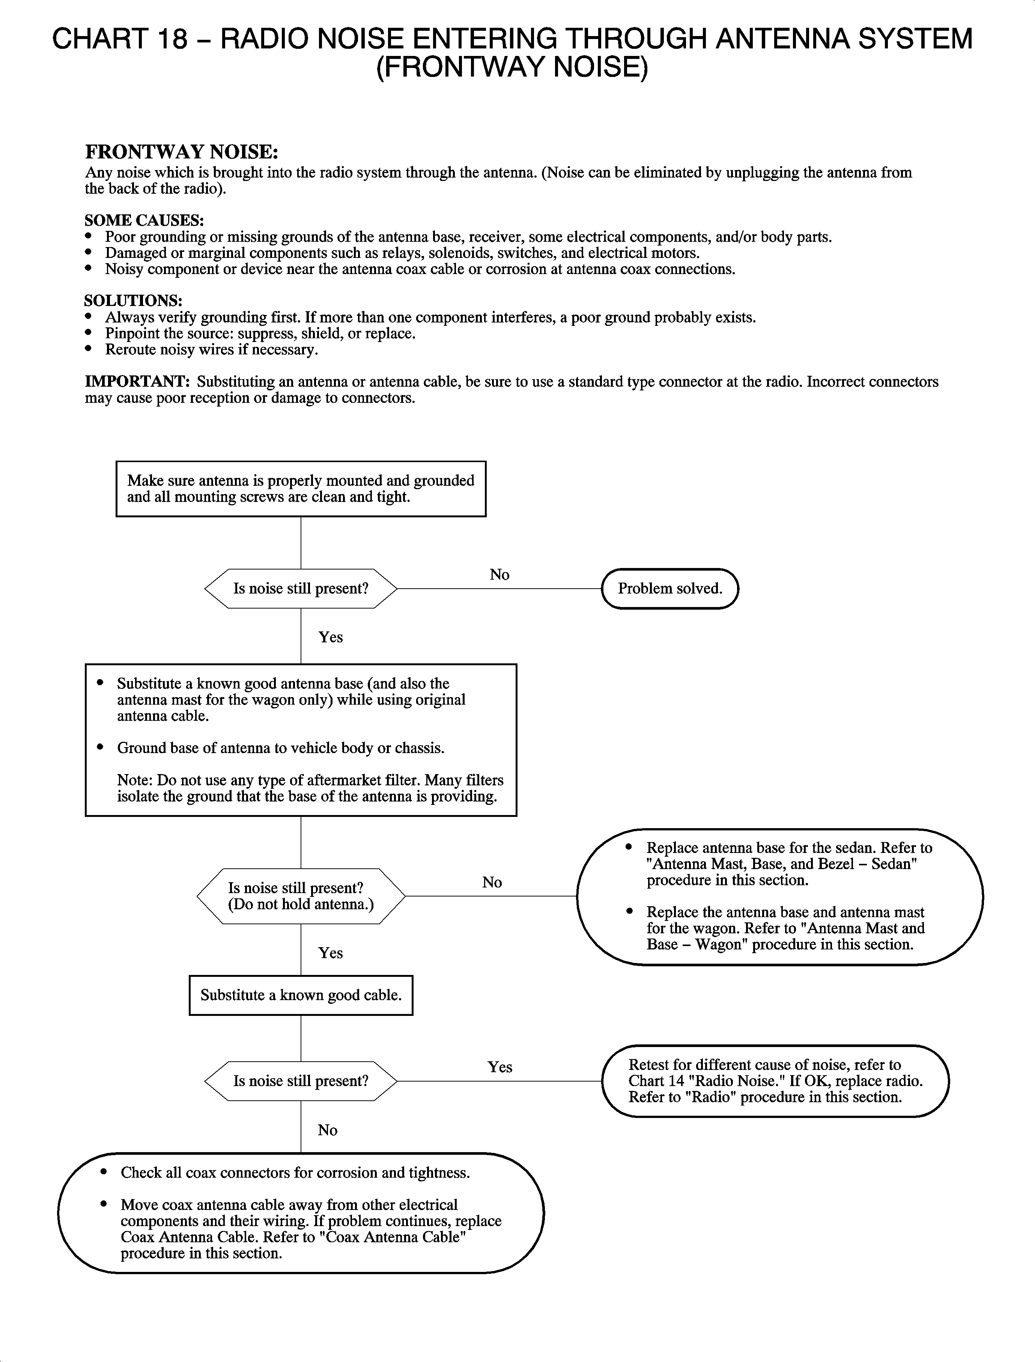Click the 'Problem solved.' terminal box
pos(669,589)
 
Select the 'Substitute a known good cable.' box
pos(301,995)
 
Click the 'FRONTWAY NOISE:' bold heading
pos(182,152)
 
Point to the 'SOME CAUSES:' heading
pos(144,220)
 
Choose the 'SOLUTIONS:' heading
pos(133,301)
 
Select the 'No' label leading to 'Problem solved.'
pos(499,574)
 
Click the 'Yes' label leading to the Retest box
pos(499,1067)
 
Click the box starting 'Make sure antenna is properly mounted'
pos(301,489)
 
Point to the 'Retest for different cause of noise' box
pos(775,1081)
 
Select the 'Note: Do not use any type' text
pos(310,788)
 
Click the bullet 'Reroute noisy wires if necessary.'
pos(211,350)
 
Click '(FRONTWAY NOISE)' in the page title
pos(512,66)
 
